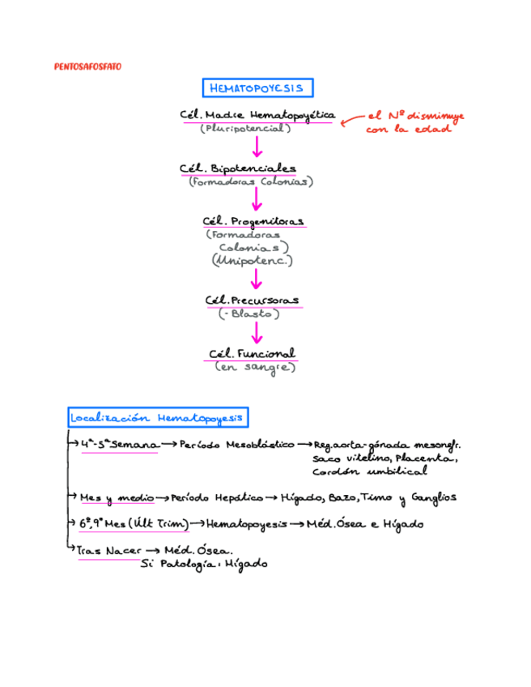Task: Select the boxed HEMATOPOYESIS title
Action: tap(257, 87)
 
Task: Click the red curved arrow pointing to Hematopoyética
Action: tap(350, 120)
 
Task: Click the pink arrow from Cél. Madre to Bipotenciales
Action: tap(257, 147)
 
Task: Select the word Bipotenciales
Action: tap(253, 168)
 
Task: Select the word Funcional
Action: tap(267, 353)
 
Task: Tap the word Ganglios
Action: tap(434, 496)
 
